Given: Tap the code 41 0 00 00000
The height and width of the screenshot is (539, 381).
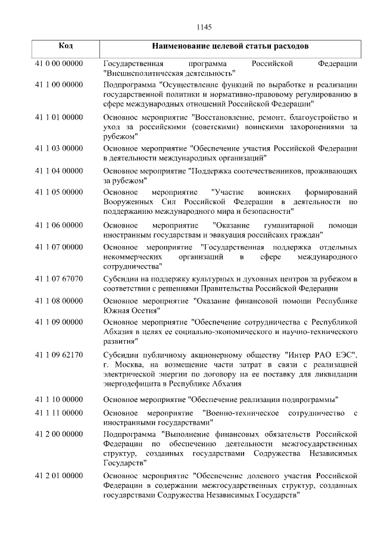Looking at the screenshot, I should (x=59, y=63).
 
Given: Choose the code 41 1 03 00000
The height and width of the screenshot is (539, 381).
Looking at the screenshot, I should (x=59, y=147).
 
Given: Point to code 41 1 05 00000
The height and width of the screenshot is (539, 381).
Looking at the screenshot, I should (x=59, y=192).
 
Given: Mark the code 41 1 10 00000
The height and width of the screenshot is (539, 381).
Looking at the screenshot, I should (x=59, y=398).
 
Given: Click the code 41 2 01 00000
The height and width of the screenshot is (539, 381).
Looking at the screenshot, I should (x=59, y=476).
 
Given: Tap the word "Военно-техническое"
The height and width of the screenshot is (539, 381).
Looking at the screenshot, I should (x=241, y=413).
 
